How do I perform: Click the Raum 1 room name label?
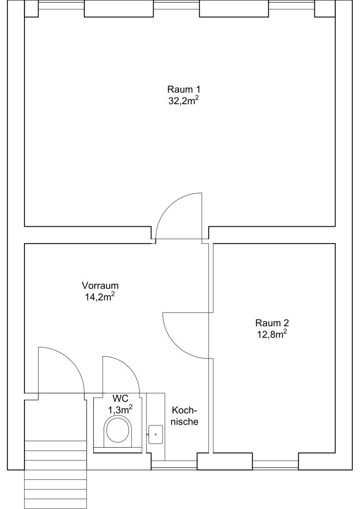[x=184, y=89]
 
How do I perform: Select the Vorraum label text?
[x=100, y=286]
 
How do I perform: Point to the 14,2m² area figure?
[x=100, y=297]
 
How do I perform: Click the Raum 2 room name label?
[x=272, y=323]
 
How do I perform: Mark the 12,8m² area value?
[x=272, y=334]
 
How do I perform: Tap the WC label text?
[x=121, y=398]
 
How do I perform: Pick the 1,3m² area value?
[x=120, y=410]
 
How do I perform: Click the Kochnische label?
[x=185, y=416]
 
